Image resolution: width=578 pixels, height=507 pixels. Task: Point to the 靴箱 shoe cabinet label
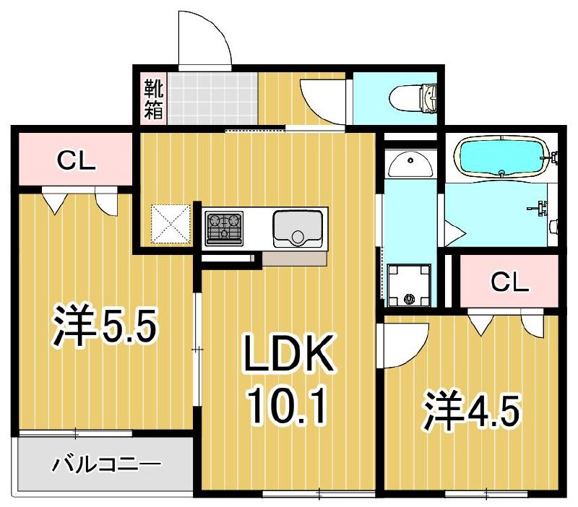tap(153, 99)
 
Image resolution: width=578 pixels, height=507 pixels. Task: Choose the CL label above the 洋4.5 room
tap(509, 282)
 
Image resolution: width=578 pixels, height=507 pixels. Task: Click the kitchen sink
tap(297, 227)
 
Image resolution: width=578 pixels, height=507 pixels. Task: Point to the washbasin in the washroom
tap(409, 165)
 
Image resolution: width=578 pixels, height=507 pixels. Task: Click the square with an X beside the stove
tap(171, 225)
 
